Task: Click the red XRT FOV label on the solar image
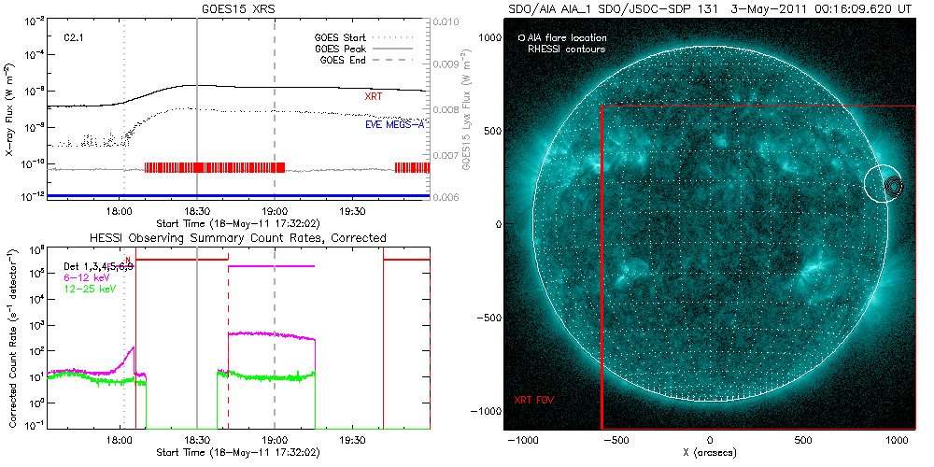(535, 400)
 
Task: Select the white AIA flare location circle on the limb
(883, 184)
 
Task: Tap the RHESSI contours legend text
(566, 49)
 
